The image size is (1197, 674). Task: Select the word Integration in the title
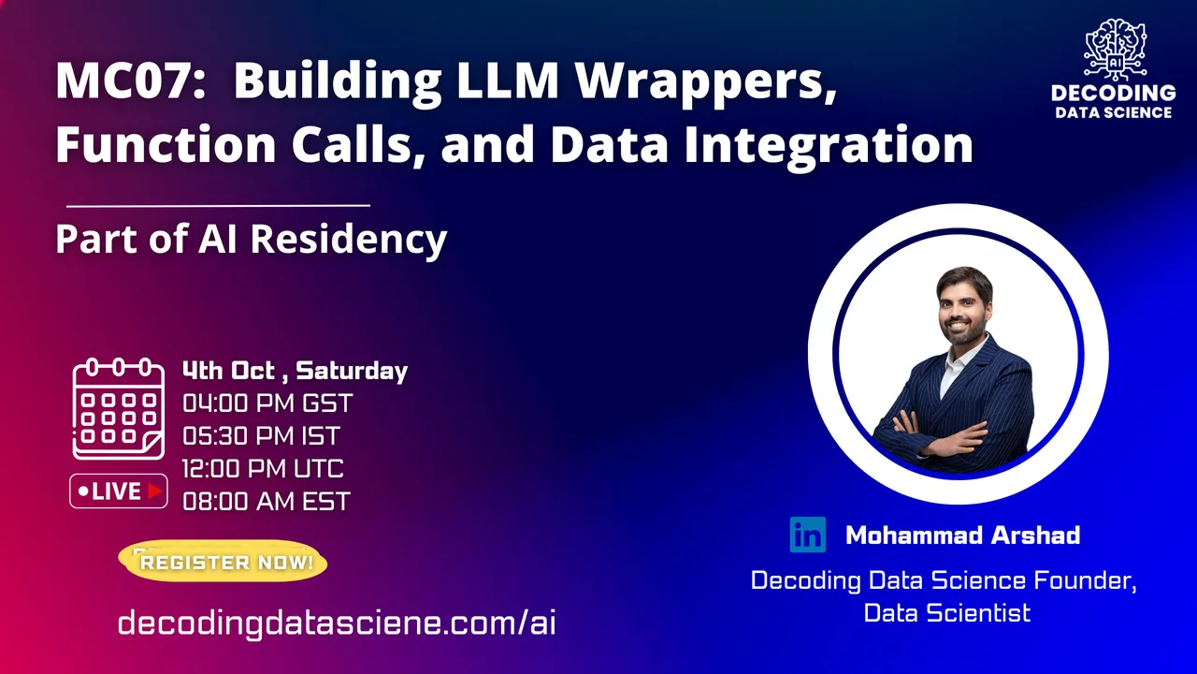click(829, 145)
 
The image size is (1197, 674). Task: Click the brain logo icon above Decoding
click(1115, 50)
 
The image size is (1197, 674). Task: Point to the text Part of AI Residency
click(252, 239)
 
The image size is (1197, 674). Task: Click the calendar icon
click(118, 409)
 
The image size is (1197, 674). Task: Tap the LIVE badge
click(119, 491)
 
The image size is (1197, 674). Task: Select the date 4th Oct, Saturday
click(295, 372)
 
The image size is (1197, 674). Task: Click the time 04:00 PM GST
click(267, 403)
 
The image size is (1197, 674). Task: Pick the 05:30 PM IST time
click(261, 436)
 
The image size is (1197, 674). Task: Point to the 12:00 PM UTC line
click(263, 469)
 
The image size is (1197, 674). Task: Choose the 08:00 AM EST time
click(267, 502)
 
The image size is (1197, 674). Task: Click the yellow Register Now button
click(224, 562)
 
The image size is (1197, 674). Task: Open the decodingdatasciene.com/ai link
click(337, 623)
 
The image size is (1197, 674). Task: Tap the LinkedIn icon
click(807, 535)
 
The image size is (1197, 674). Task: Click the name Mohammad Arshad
click(963, 535)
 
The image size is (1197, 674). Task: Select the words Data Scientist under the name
click(947, 613)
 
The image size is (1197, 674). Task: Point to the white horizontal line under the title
click(218, 205)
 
